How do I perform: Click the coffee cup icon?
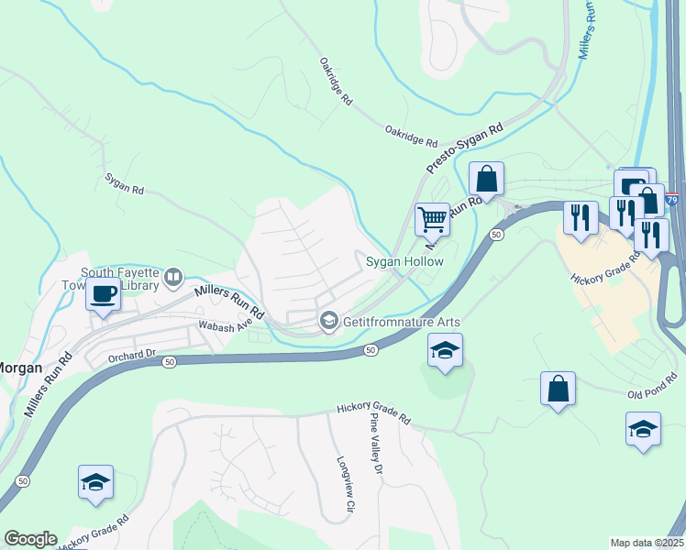pyautogui.click(x=103, y=295)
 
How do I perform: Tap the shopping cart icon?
pyautogui.click(x=432, y=219)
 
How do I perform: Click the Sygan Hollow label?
pyautogui.click(x=404, y=262)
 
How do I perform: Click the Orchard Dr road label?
pyautogui.click(x=134, y=354)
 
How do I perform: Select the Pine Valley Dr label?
pyautogui.click(x=375, y=443)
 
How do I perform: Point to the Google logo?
pyautogui.click(x=30, y=539)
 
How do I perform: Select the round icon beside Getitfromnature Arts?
pyautogui.click(x=328, y=321)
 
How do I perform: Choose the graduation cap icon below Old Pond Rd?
pyautogui.click(x=643, y=427)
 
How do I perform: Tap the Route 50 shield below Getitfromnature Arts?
pyautogui.click(x=370, y=350)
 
